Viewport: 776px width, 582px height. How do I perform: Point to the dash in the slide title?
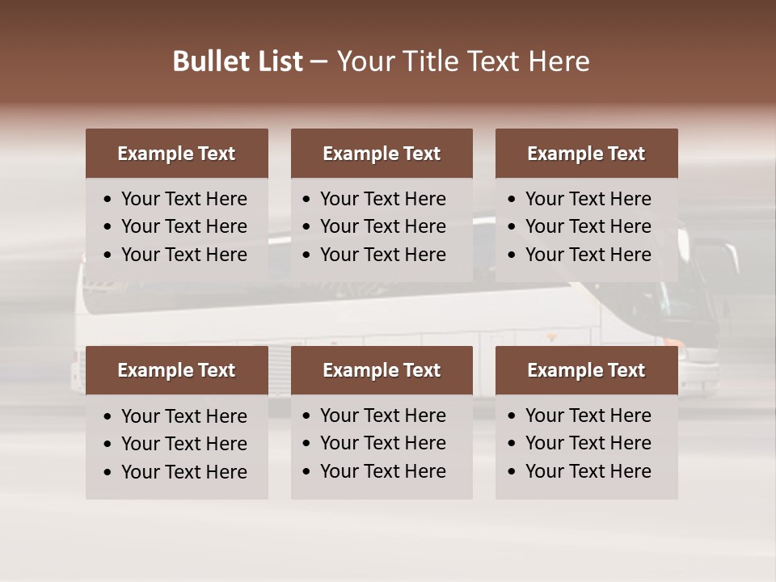pos(318,62)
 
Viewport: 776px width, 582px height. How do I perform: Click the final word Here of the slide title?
pos(559,61)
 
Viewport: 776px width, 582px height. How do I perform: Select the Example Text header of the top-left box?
pos(176,154)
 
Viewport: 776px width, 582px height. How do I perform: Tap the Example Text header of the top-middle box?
pos(382,154)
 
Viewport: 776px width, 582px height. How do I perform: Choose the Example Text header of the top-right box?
pos(586,154)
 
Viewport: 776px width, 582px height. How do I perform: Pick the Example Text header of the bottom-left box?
pos(176,370)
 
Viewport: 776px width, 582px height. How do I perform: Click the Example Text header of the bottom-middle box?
pos(382,370)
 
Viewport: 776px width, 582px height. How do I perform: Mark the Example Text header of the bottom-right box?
pos(586,370)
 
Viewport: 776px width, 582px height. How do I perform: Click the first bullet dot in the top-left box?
pos(108,200)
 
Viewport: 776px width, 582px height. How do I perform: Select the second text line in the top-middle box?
pos(382,226)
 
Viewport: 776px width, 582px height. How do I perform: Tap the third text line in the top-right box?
pos(588,255)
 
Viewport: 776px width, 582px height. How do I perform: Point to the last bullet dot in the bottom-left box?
pos(108,473)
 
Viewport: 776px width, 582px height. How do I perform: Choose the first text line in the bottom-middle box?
pos(382,415)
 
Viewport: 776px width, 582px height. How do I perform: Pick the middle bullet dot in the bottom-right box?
pos(512,444)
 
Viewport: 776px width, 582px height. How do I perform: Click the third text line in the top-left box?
pos(183,255)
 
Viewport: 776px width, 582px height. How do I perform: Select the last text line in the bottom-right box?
pos(588,471)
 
